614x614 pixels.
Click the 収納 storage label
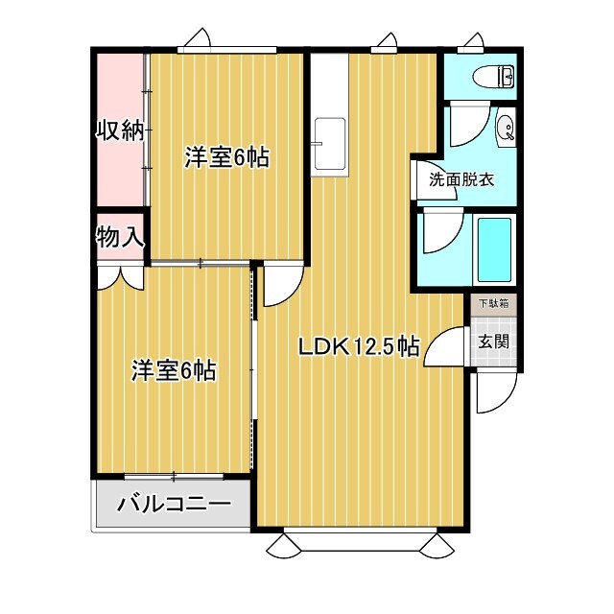(x=119, y=131)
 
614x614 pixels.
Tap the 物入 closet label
(x=119, y=237)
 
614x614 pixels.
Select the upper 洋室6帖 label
(x=226, y=158)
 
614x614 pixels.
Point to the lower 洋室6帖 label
(x=173, y=370)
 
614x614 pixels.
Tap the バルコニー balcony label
(x=174, y=505)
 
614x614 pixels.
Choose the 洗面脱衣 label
(x=461, y=178)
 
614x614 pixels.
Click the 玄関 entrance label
(x=494, y=341)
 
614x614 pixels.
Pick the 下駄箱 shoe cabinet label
(x=494, y=304)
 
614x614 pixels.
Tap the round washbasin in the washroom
(x=505, y=126)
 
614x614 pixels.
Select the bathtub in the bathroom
(x=495, y=248)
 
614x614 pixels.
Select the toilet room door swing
(x=466, y=122)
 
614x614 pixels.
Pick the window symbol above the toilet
(x=472, y=42)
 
